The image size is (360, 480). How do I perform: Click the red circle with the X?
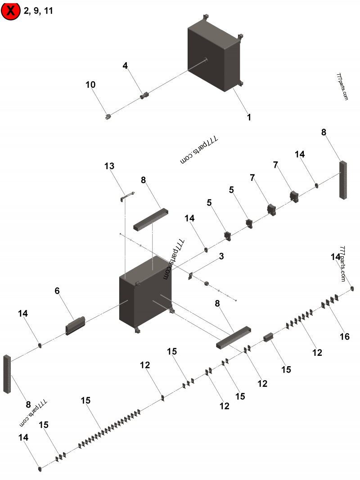pyautogui.click(x=11, y=11)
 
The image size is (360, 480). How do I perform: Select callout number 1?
pyautogui.click(x=248, y=117)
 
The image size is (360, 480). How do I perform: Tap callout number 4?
pyautogui.click(x=125, y=66)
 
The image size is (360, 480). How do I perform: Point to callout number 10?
pyautogui.click(x=90, y=85)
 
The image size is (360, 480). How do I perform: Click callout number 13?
pyautogui.click(x=109, y=166)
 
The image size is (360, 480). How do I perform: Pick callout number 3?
pyautogui.click(x=221, y=256)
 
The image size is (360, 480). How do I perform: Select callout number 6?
pyautogui.click(x=57, y=291)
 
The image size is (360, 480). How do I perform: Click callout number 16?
pyautogui.click(x=345, y=336)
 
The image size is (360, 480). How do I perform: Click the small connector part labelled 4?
pyautogui.click(x=144, y=95)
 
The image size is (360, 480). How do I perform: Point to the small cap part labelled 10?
pyautogui.click(x=108, y=117)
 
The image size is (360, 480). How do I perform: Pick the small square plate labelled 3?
pyautogui.click(x=190, y=275)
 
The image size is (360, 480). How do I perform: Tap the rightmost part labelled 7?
pyautogui.click(x=294, y=196)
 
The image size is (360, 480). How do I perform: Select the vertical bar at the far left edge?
pyautogui.click(x=7, y=374)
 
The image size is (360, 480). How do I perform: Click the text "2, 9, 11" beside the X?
pyautogui.click(x=39, y=11)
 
